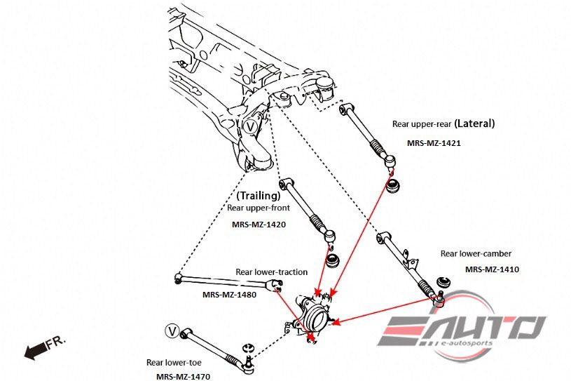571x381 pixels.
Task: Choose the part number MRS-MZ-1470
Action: [x=183, y=376]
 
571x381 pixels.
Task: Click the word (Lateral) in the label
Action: [x=474, y=123]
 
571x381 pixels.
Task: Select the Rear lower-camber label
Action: [x=476, y=253]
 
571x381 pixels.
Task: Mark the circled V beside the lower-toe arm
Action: [x=172, y=330]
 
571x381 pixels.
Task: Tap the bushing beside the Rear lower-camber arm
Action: [x=443, y=282]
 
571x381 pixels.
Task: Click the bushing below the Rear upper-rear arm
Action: [x=394, y=185]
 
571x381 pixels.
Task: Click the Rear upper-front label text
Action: [x=259, y=208]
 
